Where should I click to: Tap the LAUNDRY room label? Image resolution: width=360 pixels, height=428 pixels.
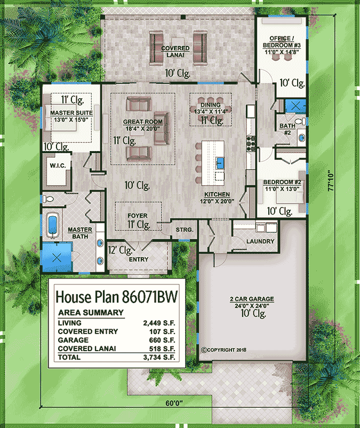260,242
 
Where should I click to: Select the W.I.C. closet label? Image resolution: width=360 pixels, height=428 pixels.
58,166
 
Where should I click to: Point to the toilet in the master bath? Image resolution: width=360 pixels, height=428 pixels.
47,199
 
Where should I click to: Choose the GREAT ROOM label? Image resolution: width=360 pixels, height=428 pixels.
143,122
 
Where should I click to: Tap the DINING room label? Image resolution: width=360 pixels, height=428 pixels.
210,105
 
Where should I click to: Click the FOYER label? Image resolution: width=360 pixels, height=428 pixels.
137,216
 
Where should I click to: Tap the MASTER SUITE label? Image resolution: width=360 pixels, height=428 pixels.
71,113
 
